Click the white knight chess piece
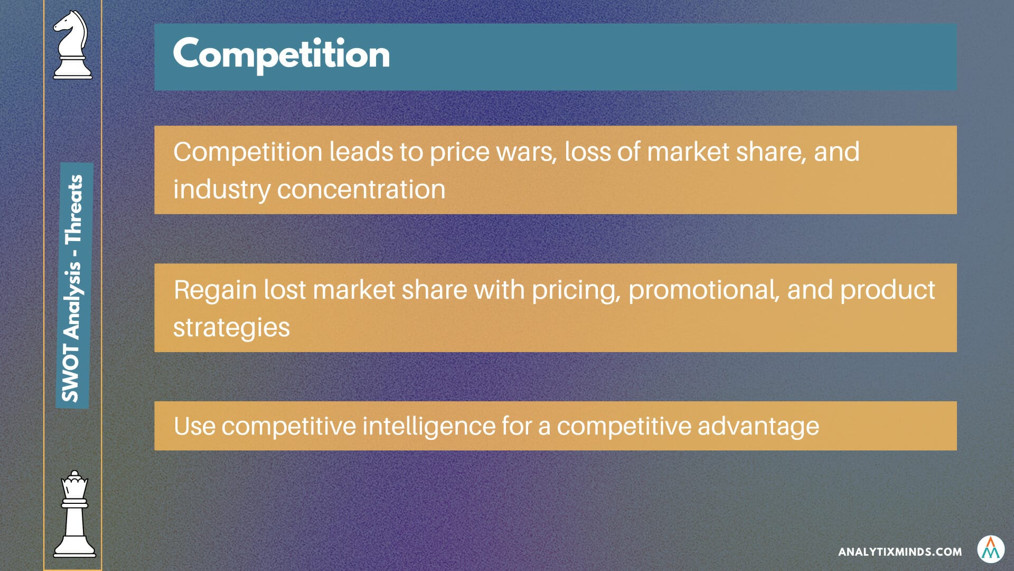pyautogui.click(x=72, y=45)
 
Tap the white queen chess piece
pyautogui.click(x=74, y=514)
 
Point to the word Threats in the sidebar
pyautogui.click(x=73, y=209)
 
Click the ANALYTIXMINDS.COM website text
pyautogui.click(x=900, y=552)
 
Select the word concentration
pyautogui.click(x=361, y=190)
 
